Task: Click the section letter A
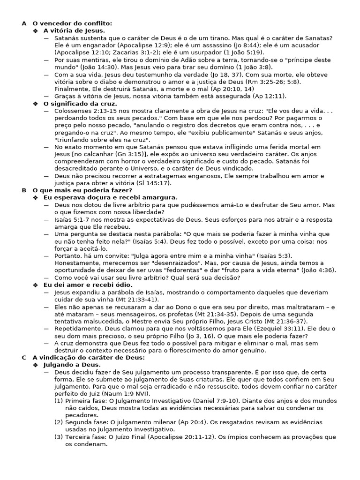[x=24, y=23]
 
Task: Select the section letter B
[x=24, y=190]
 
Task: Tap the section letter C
[x=24, y=357]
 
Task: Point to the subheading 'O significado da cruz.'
[x=80, y=104]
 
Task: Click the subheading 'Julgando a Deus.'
[x=72, y=364]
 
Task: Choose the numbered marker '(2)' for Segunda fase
[x=59, y=422]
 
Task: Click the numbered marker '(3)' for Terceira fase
[x=59, y=437]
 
